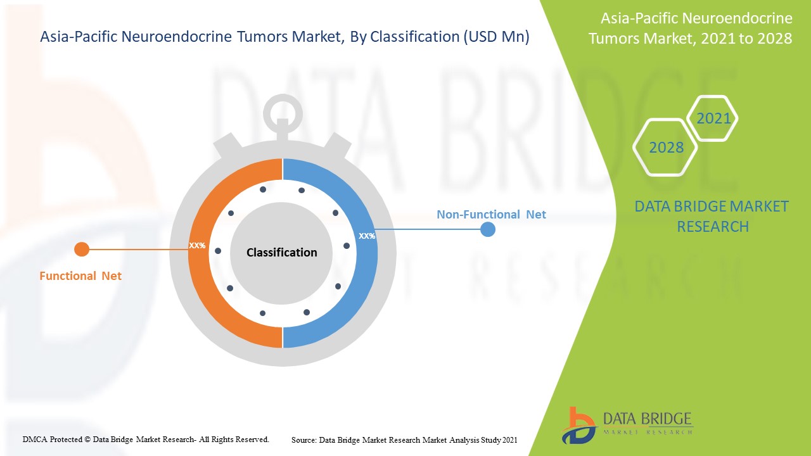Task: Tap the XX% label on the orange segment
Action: (197, 245)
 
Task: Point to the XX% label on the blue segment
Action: (367, 236)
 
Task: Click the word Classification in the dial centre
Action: (282, 252)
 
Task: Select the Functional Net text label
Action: (80, 275)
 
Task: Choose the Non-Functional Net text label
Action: (491, 214)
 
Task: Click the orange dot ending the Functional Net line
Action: (82, 250)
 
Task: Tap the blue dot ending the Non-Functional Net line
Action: (488, 229)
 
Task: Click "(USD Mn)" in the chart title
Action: (496, 37)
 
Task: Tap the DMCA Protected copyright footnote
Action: (146, 440)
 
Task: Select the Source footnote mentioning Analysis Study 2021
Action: (404, 440)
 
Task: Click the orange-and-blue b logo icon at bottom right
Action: (579, 426)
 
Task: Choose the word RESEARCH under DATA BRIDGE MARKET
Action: (713, 227)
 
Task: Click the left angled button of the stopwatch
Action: (227, 146)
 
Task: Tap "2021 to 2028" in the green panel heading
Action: (746, 38)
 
